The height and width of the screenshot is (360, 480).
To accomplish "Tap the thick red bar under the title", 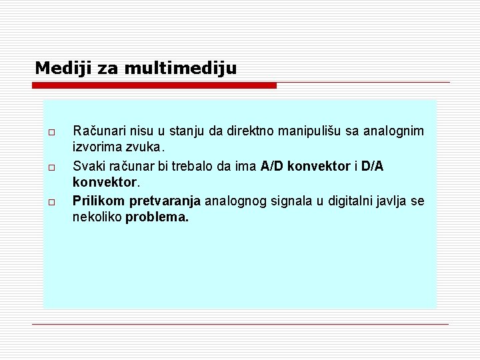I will point(155,85).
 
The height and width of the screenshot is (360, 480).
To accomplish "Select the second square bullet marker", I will point(51,166).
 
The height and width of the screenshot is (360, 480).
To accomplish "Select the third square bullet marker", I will point(51,201).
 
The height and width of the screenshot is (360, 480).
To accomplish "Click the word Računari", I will point(98,131).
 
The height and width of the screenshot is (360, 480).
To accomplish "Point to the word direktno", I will point(252,131).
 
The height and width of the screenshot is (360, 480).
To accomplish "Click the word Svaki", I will point(87,166).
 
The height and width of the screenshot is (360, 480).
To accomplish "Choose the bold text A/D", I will point(273,166).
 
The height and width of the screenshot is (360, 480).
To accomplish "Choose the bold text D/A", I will point(373,166).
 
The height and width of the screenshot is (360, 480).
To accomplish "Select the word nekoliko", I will point(97,217).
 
